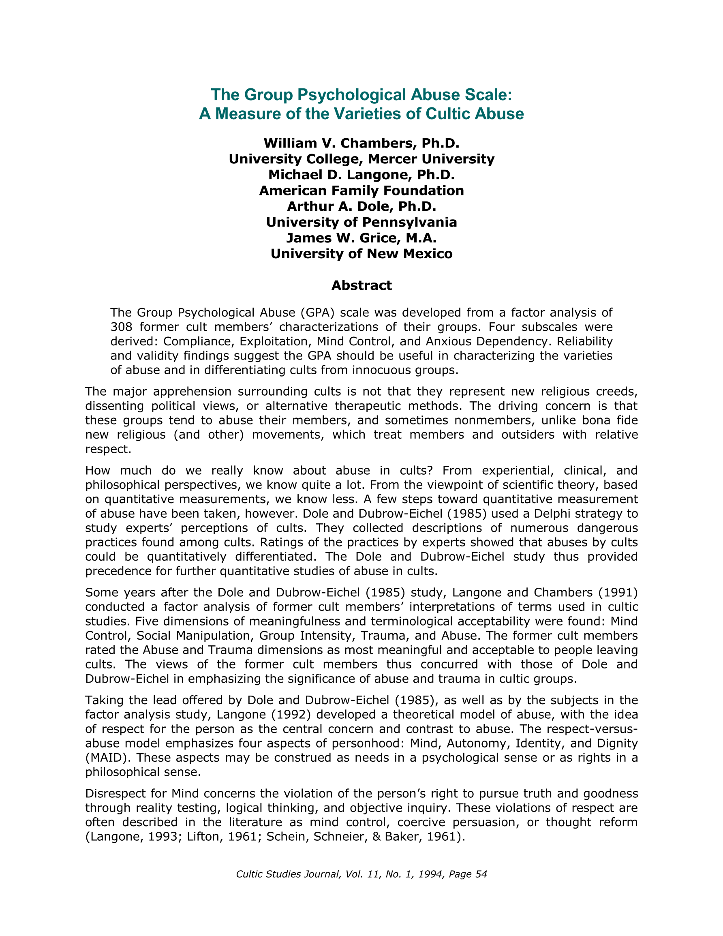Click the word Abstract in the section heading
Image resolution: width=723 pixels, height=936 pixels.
[x=361, y=285]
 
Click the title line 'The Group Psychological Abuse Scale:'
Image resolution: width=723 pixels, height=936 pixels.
[x=361, y=95]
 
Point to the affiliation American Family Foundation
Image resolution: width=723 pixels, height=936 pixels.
[x=361, y=190]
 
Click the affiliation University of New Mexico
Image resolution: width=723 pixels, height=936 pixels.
[x=361, y=254]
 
